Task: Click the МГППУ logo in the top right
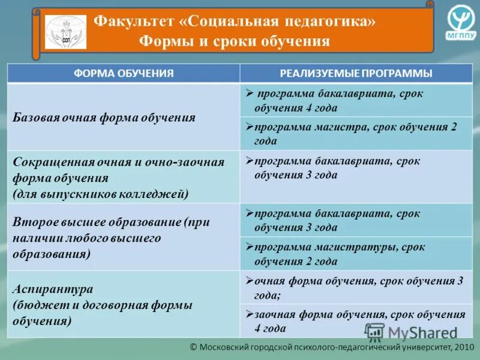point(460,23)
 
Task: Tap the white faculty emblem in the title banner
point(65,32)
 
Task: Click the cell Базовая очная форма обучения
point(104,118)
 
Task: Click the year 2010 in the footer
point(464,347)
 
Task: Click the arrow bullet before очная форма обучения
point(250,281)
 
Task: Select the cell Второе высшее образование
point(112,238)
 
